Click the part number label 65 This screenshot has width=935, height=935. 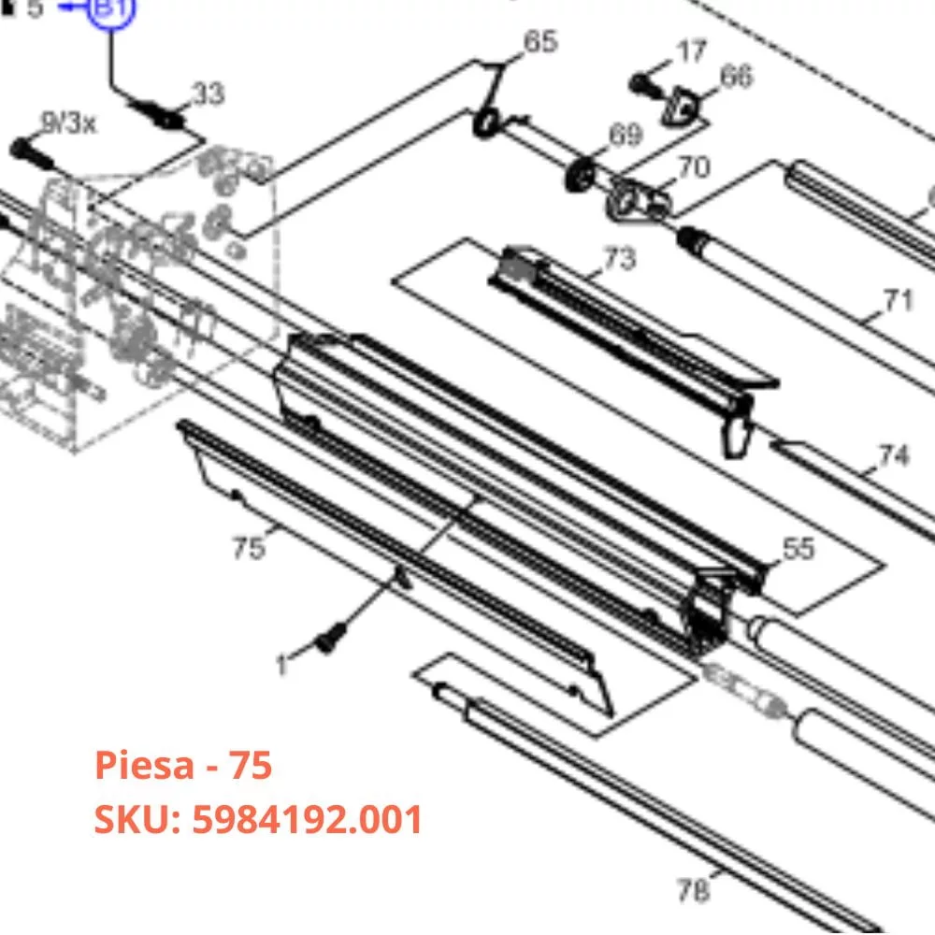point(539,42)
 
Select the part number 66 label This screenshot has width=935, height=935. point(737,77)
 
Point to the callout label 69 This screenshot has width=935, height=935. point(625,136)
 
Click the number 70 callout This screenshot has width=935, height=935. point(693,167)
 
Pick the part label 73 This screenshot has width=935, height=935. point(619,258)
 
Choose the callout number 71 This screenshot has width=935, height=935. point(897,301)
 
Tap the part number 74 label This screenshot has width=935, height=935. point(893,456)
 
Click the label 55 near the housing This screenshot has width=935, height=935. point(798,549)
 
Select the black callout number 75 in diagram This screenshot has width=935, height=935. point(249,548)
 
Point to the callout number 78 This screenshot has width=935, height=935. point(693,890)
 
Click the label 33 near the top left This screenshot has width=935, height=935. point(208,93)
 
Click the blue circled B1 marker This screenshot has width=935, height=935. point(111,10)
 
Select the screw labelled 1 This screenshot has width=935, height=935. point(330,642)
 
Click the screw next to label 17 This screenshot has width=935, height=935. point(642,83)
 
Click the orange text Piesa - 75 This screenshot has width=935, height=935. point(183,765)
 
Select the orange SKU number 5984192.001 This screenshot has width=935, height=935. point(258,820)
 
